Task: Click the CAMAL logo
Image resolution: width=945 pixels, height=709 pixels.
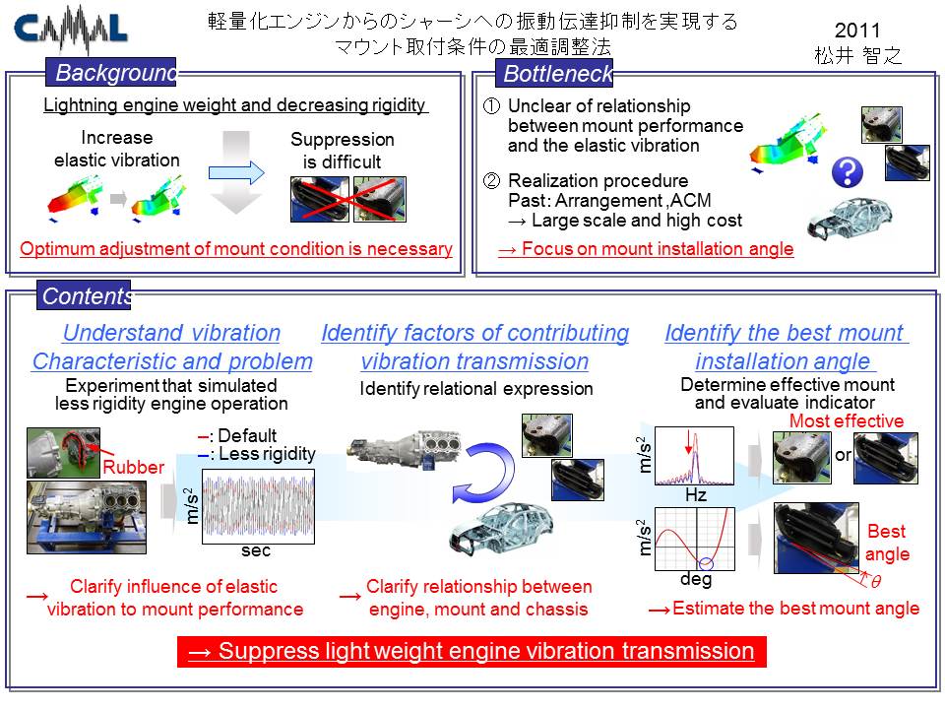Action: point(70,28)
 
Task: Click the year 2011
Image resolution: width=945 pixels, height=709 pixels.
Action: point(857,31)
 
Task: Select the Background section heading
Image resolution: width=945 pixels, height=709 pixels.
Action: point(111,72)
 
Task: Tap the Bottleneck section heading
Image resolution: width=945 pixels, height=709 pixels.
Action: point(554,73)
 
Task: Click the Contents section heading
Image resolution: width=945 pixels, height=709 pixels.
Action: point(84,295)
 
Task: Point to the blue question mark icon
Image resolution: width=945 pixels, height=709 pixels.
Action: point(847,172)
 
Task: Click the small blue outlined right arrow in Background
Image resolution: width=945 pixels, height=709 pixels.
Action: point(236,173)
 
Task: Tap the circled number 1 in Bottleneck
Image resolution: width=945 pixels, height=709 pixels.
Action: point(492,106)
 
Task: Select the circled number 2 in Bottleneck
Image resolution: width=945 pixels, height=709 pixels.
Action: point(492,180)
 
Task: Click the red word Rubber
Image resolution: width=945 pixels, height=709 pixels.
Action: point(133,467)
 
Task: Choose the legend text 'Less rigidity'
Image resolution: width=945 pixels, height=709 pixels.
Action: point(267,453)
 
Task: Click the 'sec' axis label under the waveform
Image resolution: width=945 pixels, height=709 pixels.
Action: point(256,550)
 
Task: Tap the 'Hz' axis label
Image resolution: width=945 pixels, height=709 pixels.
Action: point(696,495)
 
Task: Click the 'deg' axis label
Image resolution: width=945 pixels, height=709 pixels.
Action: point(696,579)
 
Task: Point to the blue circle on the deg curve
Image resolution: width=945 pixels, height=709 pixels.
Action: point(706,564)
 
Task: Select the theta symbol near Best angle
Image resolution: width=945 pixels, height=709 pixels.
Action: point(876,581)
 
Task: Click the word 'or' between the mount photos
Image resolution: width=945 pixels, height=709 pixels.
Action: point(843,455)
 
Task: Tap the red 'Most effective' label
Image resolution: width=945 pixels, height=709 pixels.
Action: point(847,420)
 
